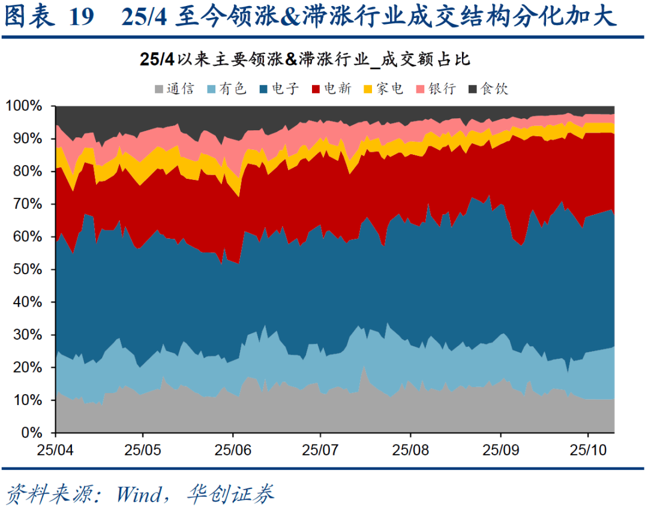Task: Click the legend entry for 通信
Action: tap(175, 89)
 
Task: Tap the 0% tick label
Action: tap(31, 432)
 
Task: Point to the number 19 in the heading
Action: tap(82, 17)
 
